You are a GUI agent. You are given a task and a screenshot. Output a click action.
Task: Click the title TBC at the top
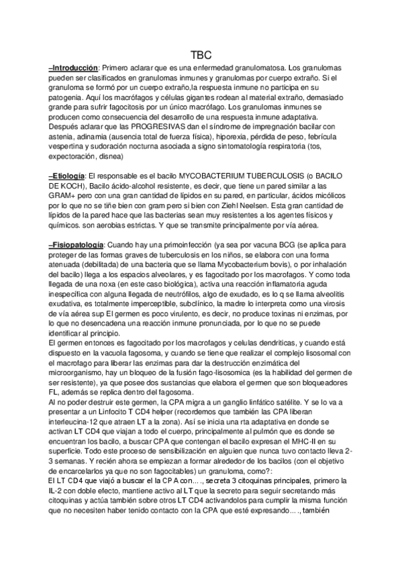[x=201, y=56]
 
